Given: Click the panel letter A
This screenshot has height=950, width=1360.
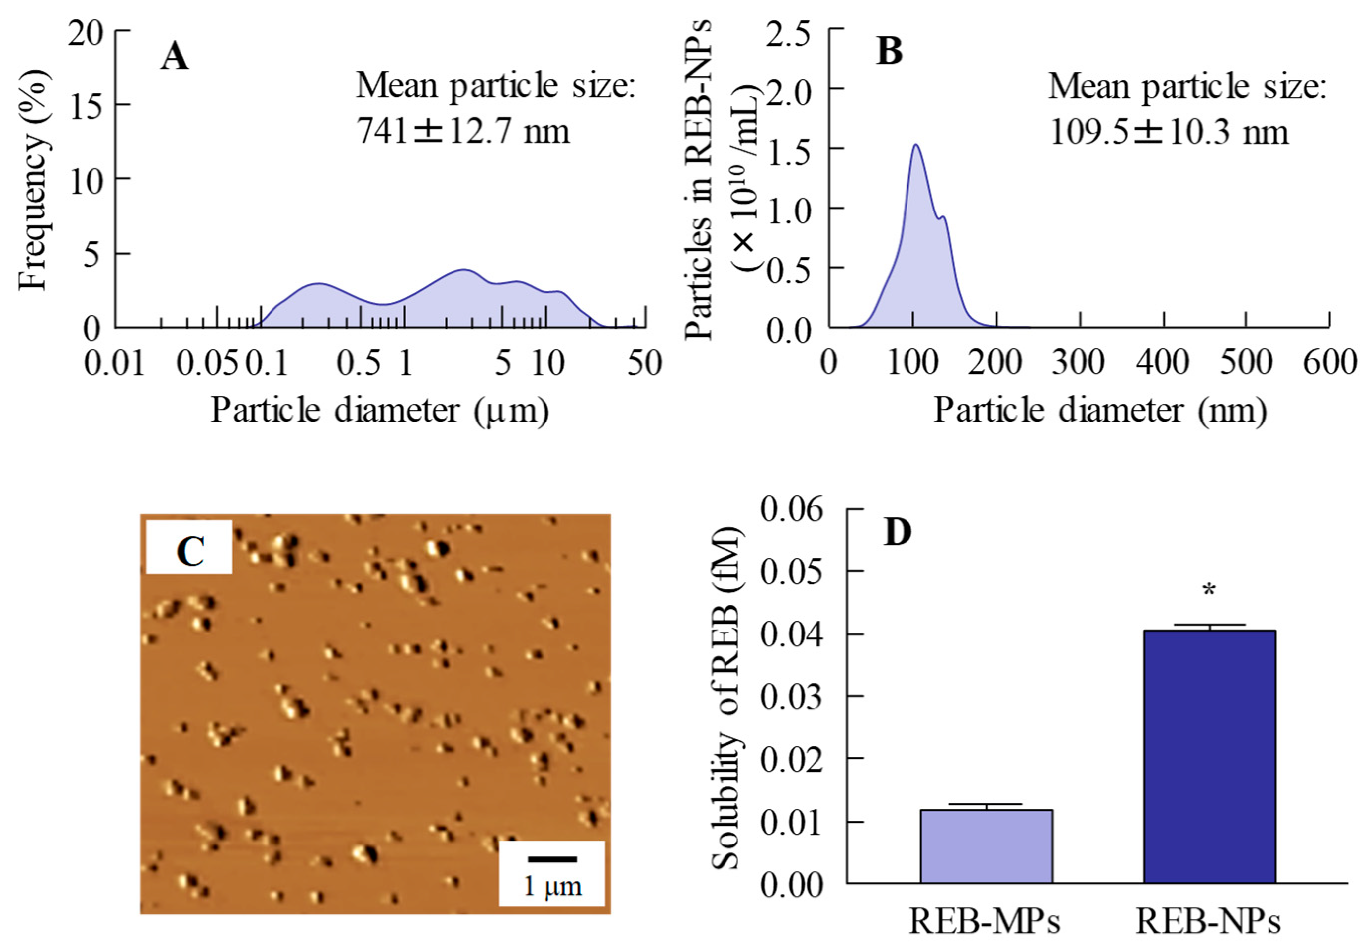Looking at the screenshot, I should (x=175, y=58).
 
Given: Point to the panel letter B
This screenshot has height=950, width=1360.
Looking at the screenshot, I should (x=889, y=52).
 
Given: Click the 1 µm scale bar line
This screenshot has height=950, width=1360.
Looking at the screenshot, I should (x=551, y=859).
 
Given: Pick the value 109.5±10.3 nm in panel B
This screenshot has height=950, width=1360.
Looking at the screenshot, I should (x=1169, y=131).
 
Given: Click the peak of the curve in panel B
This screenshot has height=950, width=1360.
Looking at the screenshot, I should (x=916, y=145).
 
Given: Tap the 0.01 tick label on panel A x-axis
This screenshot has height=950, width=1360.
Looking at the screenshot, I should (x=114, y=362).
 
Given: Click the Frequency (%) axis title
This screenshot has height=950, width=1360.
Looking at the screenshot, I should (x=33, y=178).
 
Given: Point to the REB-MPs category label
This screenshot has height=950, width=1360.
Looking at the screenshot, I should (x=985, y=922).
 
